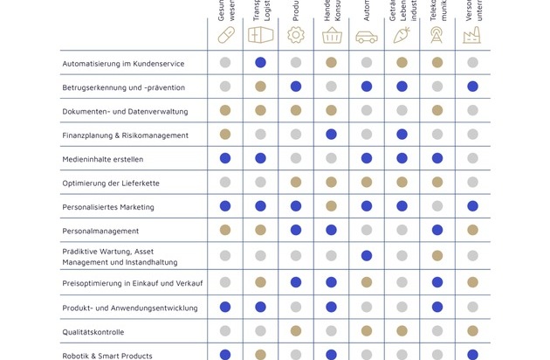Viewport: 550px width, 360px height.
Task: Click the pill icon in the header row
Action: point(225,36)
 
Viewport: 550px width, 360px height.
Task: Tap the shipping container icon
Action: point(260,36)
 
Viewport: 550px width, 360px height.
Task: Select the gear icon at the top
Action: point(296,36)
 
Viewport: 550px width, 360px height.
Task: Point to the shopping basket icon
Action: point(332,36)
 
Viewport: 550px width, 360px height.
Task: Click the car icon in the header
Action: point(367,37)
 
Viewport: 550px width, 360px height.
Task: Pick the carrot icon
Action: point(402,36)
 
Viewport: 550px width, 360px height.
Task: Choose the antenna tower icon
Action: point(437,36)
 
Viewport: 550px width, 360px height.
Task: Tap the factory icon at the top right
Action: point(472,36)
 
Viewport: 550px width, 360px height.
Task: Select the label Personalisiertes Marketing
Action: point(107,207)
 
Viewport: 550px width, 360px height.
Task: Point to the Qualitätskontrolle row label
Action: point(93,332)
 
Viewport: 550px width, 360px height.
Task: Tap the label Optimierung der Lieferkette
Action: point(111,183)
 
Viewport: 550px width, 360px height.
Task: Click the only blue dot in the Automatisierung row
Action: point(260,63)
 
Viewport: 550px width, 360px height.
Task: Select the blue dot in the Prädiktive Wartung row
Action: point(367,255)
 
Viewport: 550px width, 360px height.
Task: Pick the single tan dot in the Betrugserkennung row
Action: point(260,87)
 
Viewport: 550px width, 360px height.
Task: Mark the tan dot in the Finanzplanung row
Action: point(225,135)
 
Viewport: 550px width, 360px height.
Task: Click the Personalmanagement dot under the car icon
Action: point(367,231)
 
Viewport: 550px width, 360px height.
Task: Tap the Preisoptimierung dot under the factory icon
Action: point(472,283)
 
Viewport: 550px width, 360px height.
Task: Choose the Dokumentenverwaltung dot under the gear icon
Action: point(296,111)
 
